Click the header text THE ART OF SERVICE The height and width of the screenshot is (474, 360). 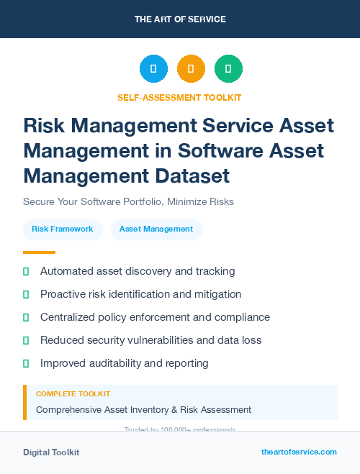coord(180,19)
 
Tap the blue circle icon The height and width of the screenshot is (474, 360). coord(153,69)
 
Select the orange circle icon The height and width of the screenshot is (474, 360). coord(191,69)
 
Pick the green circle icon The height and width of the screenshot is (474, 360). coord(228,69)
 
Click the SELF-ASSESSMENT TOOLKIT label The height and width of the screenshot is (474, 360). coord(180,97)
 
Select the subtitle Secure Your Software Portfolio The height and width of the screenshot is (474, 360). coord(128,201)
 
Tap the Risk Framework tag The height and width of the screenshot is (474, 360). coord(63,229)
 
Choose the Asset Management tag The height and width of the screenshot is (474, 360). coord(156,229)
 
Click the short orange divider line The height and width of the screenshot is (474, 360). coord(39,252)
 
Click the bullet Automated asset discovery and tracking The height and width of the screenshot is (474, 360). coord(138,271)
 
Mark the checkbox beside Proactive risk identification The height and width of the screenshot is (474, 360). coord(26,294)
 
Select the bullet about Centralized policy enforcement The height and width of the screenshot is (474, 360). coord(155,317)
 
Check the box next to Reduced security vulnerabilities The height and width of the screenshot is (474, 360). coord(26,340)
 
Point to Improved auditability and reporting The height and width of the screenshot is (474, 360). coord(124,363)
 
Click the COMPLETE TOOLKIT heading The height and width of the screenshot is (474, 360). coord(73,394)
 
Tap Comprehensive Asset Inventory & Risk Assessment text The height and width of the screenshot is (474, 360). coord(143,410)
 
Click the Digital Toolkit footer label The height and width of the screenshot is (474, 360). coord(51,452)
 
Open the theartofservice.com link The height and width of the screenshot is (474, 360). coord(299,452)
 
